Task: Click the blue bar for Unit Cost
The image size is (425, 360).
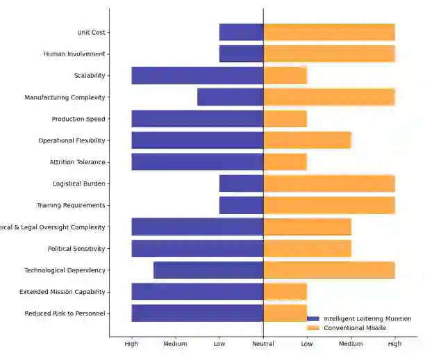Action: click(x=241, y=32)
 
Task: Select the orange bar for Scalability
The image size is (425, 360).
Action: click(x=285, y=75)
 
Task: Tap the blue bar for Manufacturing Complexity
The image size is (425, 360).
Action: click(x=230, y=97)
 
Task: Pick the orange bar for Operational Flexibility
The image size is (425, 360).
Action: click(x=307, y=140)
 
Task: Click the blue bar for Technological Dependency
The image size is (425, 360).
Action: click(x=208, y=270)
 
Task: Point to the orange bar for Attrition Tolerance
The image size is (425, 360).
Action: click(x=285, y=162)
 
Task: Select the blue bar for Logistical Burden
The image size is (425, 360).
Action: click(x=241, y=183)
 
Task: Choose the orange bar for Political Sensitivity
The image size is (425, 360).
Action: click(x=307, y=248)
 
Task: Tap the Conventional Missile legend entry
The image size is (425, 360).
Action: click(x=354, y=327)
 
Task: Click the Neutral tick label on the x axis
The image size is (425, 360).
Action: click(x=263, y=344)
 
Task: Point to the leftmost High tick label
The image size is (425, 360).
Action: click(x=131, y=344)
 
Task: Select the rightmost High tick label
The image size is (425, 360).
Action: click(x=394, y=344)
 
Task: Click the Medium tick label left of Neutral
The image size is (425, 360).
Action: click(x=175, y=344)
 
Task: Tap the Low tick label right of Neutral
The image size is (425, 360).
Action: click(x=307, y=344)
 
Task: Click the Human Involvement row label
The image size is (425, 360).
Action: click(x=74, y=54)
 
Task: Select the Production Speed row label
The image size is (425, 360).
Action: click(x=78, y=119)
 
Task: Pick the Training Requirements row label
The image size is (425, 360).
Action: click(x=71, y=205)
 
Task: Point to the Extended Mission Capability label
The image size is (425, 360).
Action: click(x=62, y=292)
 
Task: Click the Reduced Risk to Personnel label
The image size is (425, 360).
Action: click(x=65, y=313)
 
